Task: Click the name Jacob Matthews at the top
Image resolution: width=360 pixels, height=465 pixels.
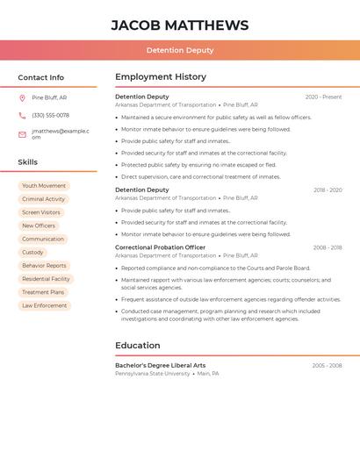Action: [179, 25]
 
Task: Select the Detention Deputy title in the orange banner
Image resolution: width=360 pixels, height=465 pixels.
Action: [179, 50]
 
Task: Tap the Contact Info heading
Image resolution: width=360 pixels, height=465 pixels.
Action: [40, 77]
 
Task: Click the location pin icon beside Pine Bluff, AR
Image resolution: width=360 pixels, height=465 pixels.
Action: [22, 97]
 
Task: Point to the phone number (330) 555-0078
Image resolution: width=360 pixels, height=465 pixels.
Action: [50, 115]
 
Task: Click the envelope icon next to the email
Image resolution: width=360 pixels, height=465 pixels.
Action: [22, 134]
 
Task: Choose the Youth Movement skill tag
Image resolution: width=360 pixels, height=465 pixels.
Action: [44, 186]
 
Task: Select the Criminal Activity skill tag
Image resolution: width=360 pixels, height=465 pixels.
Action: [43, 199]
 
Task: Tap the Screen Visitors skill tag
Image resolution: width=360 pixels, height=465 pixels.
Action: [41, 212]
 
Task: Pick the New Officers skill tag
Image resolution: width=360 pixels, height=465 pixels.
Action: [39, 225]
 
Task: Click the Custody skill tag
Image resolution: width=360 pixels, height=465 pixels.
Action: [32, 253]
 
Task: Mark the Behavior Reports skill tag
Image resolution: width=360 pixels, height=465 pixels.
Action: [44, 266]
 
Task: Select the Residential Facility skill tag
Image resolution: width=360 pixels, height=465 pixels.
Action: [46, 279]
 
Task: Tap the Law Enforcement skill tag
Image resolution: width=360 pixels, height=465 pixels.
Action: [45, 305]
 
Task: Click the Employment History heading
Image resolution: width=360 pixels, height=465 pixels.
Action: [161, 77]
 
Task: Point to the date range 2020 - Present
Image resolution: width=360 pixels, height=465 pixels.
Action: [323, 97]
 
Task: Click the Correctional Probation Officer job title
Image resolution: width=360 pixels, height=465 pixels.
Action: [160, 247]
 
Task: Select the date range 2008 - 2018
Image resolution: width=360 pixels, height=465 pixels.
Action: [327, 247]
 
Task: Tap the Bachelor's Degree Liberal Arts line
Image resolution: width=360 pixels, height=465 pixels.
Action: [160, 365]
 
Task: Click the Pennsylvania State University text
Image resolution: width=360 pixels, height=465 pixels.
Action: [152, 374]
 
